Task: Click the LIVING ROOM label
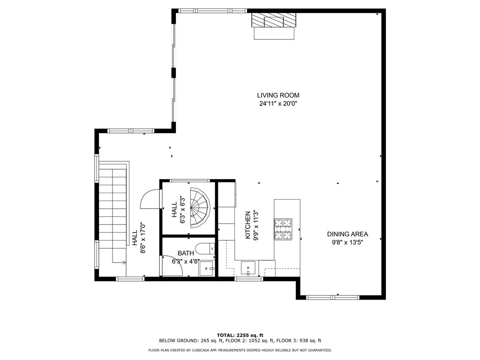[x=278, y=95]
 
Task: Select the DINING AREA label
[x=347, y=234]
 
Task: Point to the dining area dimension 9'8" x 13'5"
[x=347, y=242]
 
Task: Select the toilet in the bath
[x=205, y=248]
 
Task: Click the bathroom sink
[x=206, y=269]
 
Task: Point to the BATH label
[x=186, y=254]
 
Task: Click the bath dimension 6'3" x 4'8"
[x=186, y=262]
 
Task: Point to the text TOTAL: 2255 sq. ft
[x=240, y=335]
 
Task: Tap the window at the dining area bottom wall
[x=333, y=297]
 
